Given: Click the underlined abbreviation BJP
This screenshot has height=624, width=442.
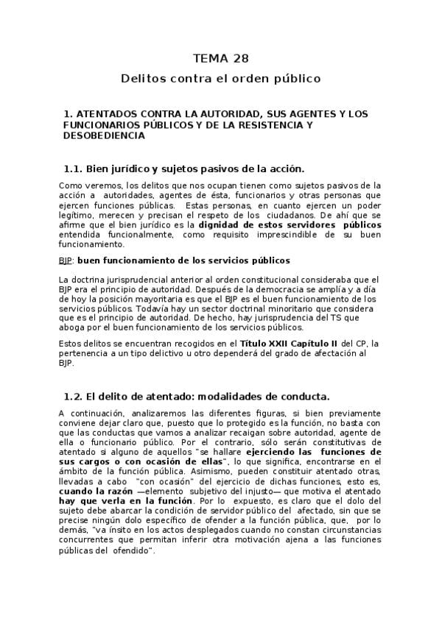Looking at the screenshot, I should [x=66, y=260].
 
